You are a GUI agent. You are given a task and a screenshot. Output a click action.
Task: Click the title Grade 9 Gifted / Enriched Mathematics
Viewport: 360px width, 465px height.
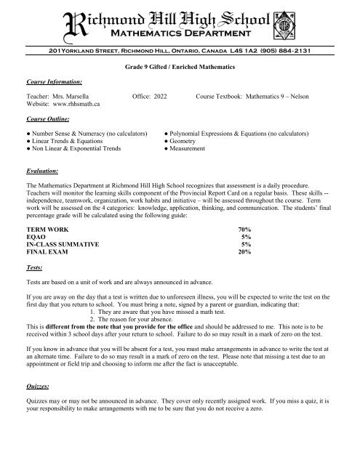pyautogui.click(x=180, y=66)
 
